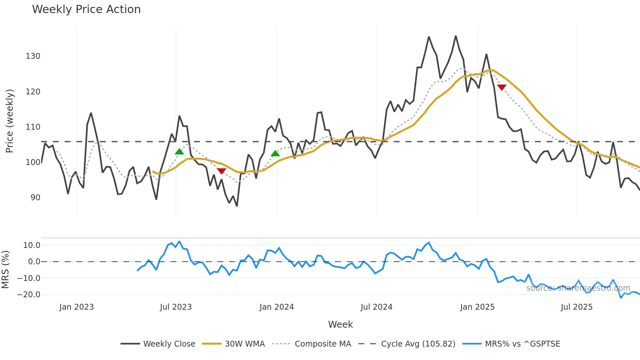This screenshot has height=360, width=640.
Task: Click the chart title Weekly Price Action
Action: click(x=86, y=9)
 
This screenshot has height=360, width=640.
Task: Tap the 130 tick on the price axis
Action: click(x=33, y=56)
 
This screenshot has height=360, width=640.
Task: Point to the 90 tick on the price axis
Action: click(x=35, y=198)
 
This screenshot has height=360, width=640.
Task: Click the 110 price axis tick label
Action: click(x=33, y=127)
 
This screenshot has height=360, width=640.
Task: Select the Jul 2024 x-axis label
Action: click(x=376, y=307)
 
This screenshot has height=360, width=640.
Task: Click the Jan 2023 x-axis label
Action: click(x=76, y=307)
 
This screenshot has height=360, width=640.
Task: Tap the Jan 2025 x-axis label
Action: click(x=477, y=307)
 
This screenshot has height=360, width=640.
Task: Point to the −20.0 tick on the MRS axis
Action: click(x=29, y=295)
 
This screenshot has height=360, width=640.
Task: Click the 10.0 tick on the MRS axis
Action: click(x=32, y=245)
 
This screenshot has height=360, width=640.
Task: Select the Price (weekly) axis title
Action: click(x=9, y=121)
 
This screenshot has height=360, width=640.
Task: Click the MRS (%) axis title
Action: click(x=5, y=270)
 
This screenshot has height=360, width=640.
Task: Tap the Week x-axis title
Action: click(x=340, y=324)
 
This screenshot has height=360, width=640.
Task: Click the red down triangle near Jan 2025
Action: click(x=502, y=87)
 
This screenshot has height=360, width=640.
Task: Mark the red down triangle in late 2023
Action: click(x=221, y=171)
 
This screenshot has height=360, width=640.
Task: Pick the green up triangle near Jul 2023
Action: click(x=179, y=152)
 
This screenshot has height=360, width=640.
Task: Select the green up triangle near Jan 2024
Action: click(x=275, y=153)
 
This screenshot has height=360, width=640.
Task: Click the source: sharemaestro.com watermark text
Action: click(x=578, y=288)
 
